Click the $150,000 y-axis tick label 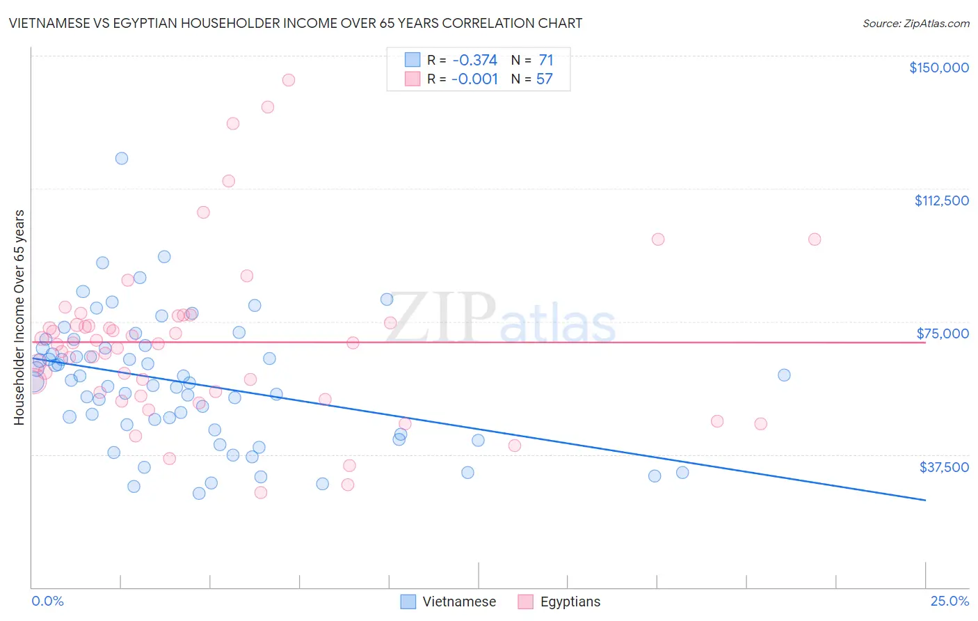[x=938, y=68]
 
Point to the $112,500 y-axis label [x=941, y=201]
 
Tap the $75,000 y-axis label [x=943, y=333]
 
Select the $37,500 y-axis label [x=944, y=467]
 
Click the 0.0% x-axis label [x=47, y=602]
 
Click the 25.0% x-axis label [x=949, y=602]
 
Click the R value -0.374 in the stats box [x=474, y=60]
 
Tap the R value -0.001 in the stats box [x=474, y=79]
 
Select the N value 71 [x=545, y=60]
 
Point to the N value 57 [x=544, y=79]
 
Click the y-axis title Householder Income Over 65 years [x=19, y=317]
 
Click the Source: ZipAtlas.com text [x=915, y=24]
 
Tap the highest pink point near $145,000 [x=289, y=80]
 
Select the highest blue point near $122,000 [x=122, y=158]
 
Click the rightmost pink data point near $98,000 [x=815, y=239]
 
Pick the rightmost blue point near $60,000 [x=784, y=375]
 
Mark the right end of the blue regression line [x=925, y=500]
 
